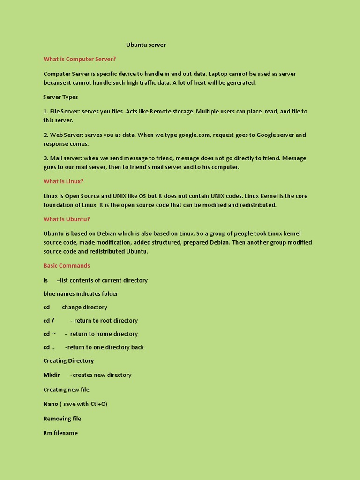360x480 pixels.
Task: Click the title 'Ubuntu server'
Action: (146, 45)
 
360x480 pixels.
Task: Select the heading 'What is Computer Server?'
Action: (80, 59)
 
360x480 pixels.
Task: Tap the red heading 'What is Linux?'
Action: (63, 181)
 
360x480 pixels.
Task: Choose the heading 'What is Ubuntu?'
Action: (67, 219)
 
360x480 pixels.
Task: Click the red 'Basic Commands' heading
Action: (67, 266)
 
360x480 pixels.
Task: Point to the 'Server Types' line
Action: (60, 97)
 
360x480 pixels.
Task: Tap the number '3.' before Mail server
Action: (46, 158)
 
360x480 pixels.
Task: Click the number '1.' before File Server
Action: (46, 111)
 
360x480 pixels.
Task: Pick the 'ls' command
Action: (45, 280)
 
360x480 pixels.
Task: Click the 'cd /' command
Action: (49, 321)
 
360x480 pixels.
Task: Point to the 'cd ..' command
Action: (49, 347)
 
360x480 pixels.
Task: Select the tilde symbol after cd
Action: (54, 334)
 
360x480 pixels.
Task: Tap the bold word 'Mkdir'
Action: (52, 375)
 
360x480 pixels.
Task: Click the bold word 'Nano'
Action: (51, 404)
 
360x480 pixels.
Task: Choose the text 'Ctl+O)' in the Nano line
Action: (98, 404)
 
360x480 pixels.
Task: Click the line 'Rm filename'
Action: (60, 433)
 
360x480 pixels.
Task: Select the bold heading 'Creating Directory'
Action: (68, 361)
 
